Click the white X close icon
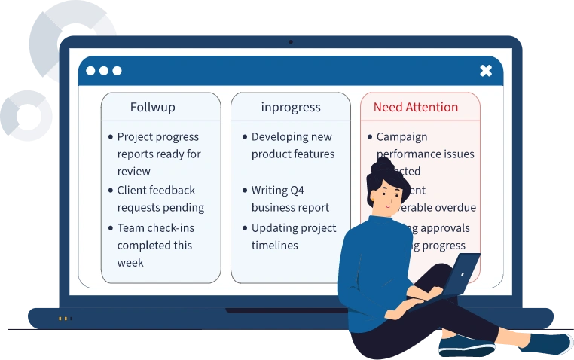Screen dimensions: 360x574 click(486, 71)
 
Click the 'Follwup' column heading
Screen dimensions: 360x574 click(152, 107)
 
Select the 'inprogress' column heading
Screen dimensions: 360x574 click(291, 107)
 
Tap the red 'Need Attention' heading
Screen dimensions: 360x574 click(415, 107)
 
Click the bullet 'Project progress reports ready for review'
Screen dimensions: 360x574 click(158, 154)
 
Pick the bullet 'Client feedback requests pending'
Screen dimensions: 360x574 click(160, 199)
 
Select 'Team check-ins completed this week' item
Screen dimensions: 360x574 click(154, 245)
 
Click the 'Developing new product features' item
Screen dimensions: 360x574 click(292, 145)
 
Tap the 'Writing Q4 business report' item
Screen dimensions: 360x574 click(290, 199)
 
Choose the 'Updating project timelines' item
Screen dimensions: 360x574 click(294, 236)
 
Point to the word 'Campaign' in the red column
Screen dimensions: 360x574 click(401, 136)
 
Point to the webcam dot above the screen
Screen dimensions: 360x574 click(291, 42)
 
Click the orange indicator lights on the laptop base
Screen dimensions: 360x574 click(65, 319)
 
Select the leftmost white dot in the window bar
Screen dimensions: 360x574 click(90, 71)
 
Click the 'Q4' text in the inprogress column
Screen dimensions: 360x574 click(295, 191)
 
